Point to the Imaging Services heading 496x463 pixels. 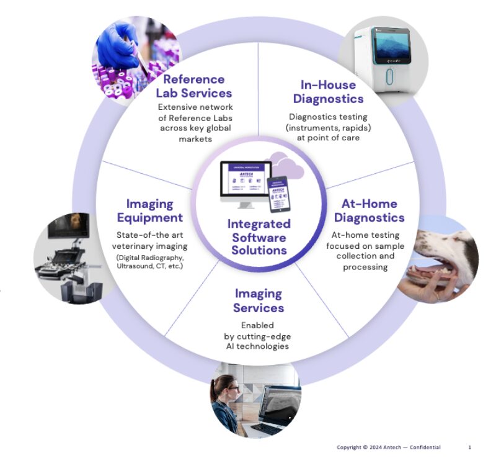click(259, 300)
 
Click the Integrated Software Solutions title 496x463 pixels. click(259, 236)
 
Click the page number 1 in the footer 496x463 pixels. click(469, 447)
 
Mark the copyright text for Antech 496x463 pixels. click(388, 447)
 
